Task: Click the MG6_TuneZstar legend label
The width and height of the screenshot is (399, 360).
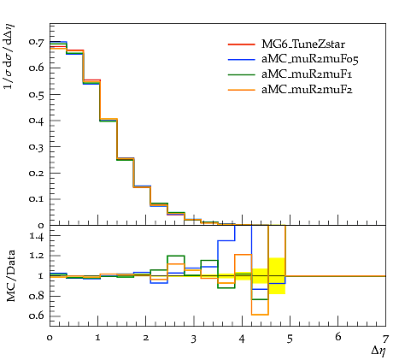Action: [x=303, y=44]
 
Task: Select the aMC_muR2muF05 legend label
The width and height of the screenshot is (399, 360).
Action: [x=310, y=59]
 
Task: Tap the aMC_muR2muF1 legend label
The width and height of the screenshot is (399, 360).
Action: [x=307, y=74]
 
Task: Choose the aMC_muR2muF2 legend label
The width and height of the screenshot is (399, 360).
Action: [x=307, y=90]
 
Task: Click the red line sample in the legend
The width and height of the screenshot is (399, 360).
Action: [x=241, y=44]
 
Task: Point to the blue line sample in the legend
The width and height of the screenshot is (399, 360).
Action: [x=241, y=60]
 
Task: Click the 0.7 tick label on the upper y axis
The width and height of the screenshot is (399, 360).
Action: [x=37, y=42]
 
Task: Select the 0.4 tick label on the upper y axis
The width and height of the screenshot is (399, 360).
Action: [x=37, y=121]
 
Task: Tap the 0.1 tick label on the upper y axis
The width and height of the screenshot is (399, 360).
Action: [x=37, y=199]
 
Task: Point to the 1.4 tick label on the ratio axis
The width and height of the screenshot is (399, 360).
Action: [x=37, y=236]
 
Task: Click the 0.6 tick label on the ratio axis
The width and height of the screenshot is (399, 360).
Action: [x=37, y=316]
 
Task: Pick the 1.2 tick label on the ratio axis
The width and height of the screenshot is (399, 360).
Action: [x=37, y=256]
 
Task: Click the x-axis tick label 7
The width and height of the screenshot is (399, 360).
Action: [x=385, y=339]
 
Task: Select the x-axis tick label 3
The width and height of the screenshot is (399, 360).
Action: [x=194, y=339]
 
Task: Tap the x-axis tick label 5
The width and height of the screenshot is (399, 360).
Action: [x=290, y=339]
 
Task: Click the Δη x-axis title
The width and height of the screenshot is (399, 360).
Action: [x=378, y=351]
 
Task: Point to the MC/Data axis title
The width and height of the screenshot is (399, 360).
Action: [x=10, y=275]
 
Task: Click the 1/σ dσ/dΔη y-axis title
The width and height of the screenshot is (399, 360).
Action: [x=9, y=56]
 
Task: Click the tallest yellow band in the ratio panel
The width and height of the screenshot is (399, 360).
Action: [x=277, y=276]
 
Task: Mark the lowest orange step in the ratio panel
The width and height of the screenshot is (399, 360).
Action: [x=260, y=315]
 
